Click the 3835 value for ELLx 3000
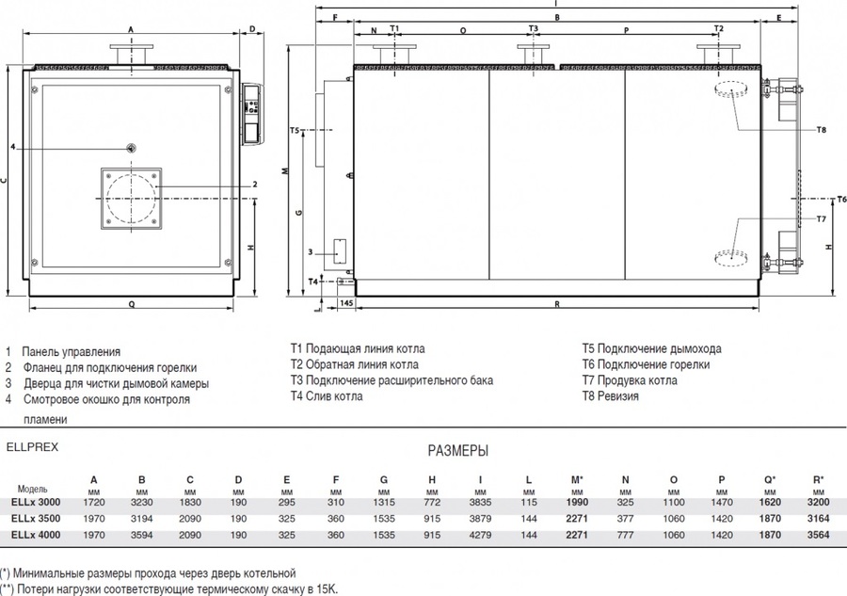click(x=480, y=502)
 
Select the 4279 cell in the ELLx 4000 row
click(x=480, y=535)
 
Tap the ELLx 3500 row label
click(x=36, y=519)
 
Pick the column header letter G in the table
click(x=384, y=479)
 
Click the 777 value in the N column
click(x=625, y=535)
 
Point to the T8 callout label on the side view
click(x=821, y=130)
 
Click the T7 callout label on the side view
click(x=821, y=218)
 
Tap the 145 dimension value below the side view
click(x=346, y=303)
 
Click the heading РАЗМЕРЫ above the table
click(x=458, y=451)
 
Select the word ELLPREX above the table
click(x=32, y=447)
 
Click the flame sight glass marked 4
click(x=131, y=148)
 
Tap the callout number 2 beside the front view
click(x=255, y=185)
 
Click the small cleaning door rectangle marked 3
click(x=340, y=251)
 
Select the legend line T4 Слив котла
click(x=327, y=396)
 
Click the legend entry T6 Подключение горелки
click(x=646, y=364)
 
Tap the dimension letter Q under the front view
click(x=131, y=304)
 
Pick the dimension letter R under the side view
click(x=557, y=304)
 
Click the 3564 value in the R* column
click(x=818, y=535)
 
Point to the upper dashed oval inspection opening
click(x=731, y=89)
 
